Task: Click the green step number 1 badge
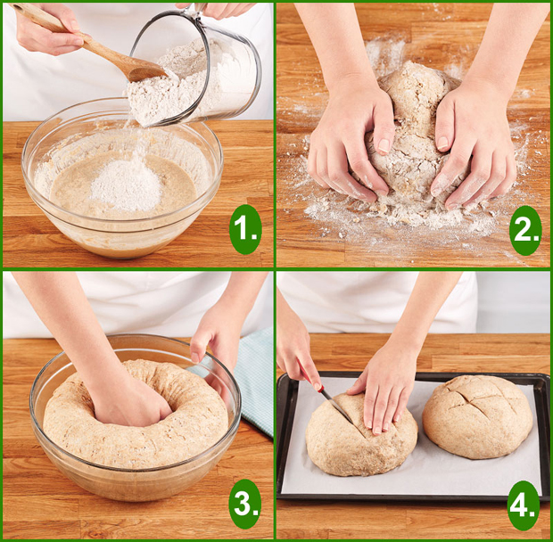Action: (x=245, y=229)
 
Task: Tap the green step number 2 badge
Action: (x=525, y=231)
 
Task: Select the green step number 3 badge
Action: (x=245, y=504)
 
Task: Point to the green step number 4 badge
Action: (x=524, y=505)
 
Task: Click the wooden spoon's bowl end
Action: (x=146, y=70)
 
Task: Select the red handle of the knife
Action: (x=310, y=376)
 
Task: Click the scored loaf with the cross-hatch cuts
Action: (x=477, y=417)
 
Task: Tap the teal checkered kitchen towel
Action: (x=247, y=381)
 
